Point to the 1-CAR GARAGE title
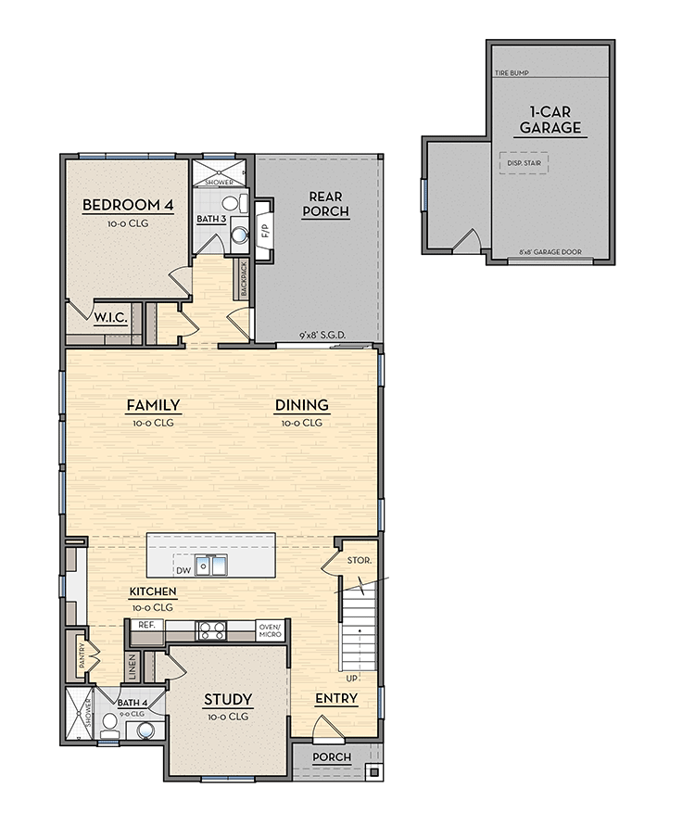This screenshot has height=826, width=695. coord(550,121)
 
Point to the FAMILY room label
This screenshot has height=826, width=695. coord(153,405)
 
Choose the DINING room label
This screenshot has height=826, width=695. coord(301,405)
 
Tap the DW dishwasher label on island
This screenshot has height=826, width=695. coord(183,571)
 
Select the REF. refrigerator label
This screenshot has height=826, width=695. coord(145,625)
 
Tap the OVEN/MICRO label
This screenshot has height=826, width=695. coord(270,629)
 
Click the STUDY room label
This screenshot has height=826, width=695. coord(228,699)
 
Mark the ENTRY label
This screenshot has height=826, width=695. coord(335,698)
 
